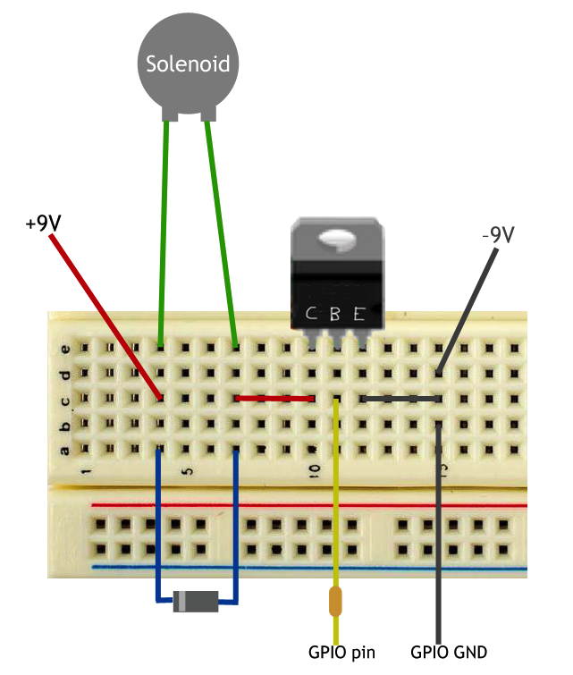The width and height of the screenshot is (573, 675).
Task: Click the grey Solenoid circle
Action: (188, 62)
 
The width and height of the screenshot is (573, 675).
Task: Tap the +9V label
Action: (43, 222)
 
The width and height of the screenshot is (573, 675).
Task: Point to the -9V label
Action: (497, 235)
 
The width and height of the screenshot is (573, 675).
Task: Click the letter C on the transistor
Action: (310, 314)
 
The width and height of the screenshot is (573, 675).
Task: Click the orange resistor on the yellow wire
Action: (335, 602)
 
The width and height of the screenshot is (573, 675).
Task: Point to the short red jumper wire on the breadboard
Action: (274, 398)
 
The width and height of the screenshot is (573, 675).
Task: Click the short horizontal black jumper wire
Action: (400, 398)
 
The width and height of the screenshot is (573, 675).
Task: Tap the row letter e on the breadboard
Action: (63, 347)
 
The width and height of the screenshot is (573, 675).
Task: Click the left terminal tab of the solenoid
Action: (168, 114)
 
